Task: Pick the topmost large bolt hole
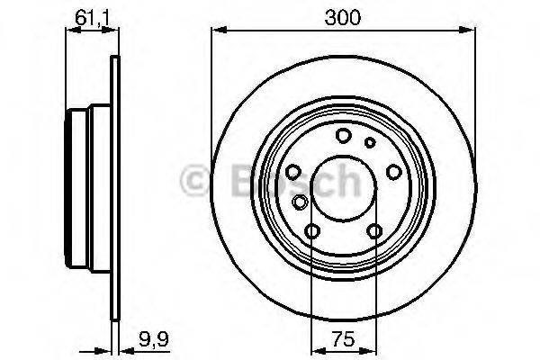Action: [x=343, y=136]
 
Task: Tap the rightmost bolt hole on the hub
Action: [x=392, y=171]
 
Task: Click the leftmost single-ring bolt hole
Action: [x=293, y=172]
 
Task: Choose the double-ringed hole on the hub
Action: [x=301, y=202]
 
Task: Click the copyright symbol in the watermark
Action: [x=196, y=181]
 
